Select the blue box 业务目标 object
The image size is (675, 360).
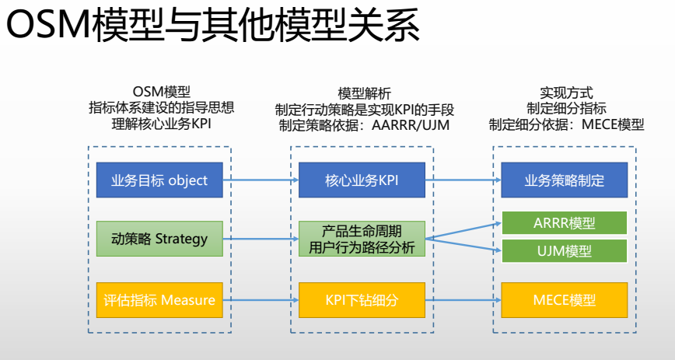tap(160, 180)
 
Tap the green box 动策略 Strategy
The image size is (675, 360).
tap(160, 239)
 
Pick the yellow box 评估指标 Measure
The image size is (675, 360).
tap(160, 299)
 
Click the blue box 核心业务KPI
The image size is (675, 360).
tap(362, 180)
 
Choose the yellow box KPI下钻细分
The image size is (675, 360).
tap(362, 299)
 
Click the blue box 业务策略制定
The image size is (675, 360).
tap(564, 180)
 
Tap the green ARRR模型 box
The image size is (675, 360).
tap(564, 223)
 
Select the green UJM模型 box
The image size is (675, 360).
tap(564, 250)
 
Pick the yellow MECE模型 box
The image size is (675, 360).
tap(564, 299)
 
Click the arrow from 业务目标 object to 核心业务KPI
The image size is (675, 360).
tap(261, 180)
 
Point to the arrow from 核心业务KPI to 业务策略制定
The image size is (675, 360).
tap(463, 180)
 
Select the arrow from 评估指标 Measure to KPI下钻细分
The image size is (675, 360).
tap(261, 299)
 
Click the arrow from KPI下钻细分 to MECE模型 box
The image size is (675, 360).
tap(463, 299)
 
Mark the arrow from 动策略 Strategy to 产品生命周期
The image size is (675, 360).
tap(261, 239)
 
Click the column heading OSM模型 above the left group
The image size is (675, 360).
tap(162, 92)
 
